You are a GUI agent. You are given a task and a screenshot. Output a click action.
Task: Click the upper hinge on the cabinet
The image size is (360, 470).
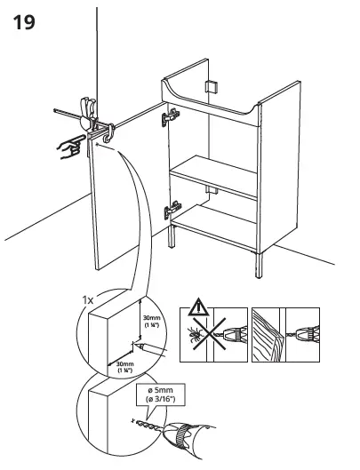click(x=169, y=116)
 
